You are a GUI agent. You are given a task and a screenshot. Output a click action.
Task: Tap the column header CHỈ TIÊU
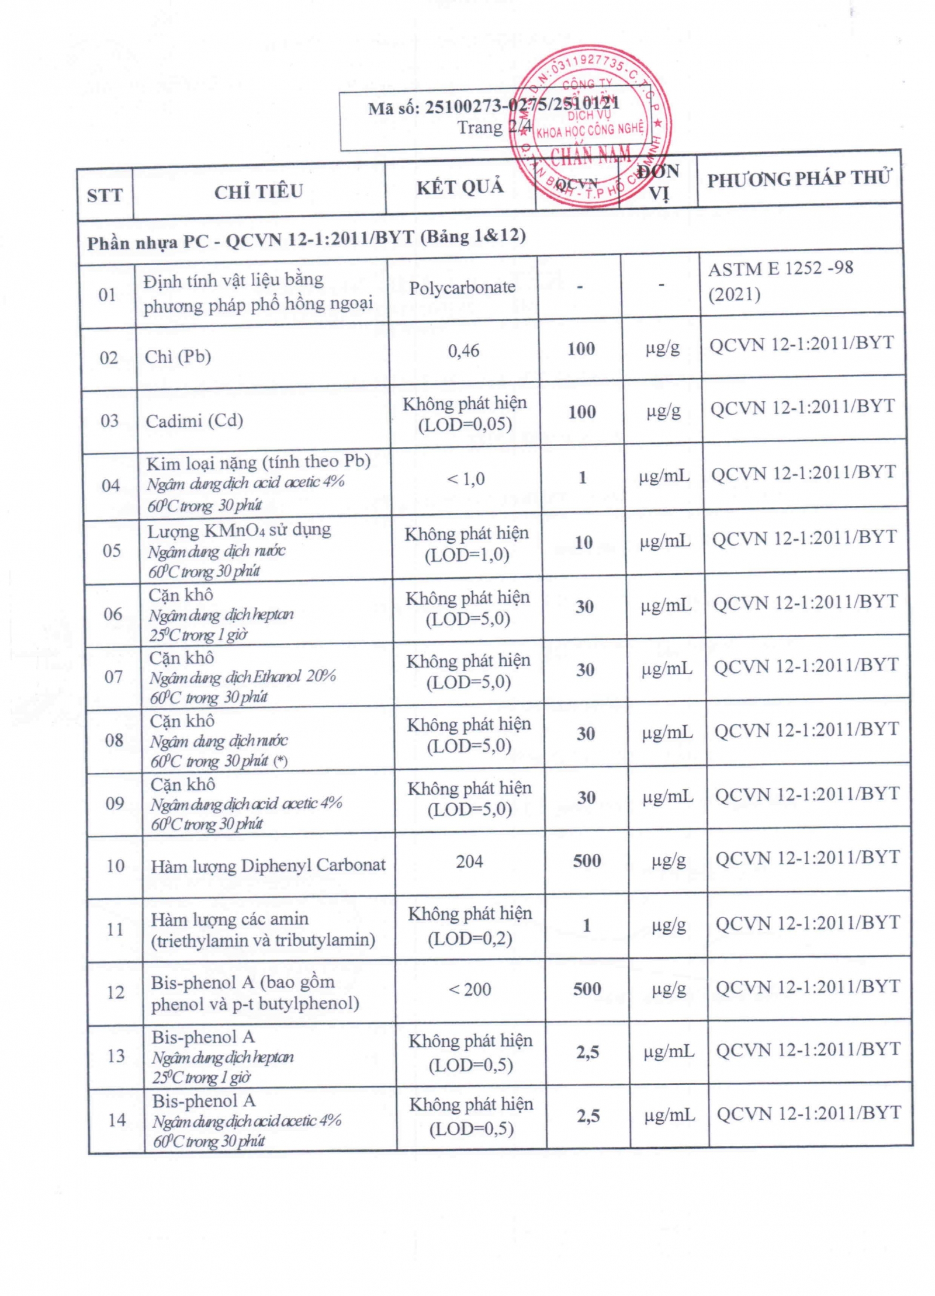click(258, 191)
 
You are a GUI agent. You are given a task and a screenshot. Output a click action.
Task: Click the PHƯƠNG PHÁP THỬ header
click(799, 178)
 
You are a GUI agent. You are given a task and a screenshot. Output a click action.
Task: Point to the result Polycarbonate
click(462, 287)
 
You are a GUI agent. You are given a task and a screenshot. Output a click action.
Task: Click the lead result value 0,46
click(463, 350)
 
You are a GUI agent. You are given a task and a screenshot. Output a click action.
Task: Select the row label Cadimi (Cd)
click(194, 421)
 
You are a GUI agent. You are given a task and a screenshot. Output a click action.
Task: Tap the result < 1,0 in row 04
click(466, 479)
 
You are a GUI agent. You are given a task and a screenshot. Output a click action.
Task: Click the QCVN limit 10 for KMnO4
click(583, 542)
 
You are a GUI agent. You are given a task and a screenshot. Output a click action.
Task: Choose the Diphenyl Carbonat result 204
click(469, 861)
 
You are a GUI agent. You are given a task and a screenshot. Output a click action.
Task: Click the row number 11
click(115, 929)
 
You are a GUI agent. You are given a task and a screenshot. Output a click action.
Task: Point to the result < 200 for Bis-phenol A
click(469, 989)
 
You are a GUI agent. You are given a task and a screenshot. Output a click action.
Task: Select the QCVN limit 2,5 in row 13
click(587, 1052)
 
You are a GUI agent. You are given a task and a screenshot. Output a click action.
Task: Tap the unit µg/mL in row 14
click(670, 1116)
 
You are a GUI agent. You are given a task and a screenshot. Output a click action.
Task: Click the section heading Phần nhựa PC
click(306, 238)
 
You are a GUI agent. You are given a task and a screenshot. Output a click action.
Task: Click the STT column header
click(105, 194)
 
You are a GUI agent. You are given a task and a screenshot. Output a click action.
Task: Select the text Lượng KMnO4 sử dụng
click(238, 530)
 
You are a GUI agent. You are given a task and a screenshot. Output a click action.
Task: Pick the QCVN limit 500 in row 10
click(587, 860)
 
